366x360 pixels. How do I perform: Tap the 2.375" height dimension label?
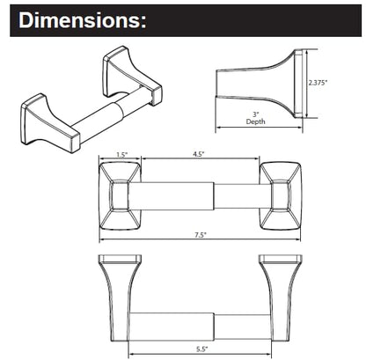coord(318,83)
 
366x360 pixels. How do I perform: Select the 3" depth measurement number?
coord(257,114)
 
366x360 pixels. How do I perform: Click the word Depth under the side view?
coord(256,121)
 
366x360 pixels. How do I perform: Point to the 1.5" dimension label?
coord(122,155)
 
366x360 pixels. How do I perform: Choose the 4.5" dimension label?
coord(199,154)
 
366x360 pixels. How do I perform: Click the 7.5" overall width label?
coord(201,235)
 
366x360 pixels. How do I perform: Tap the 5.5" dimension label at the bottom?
coord(201,349)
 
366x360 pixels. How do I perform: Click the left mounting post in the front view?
coord(121,195)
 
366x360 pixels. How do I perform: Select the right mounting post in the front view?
coord(281,195)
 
